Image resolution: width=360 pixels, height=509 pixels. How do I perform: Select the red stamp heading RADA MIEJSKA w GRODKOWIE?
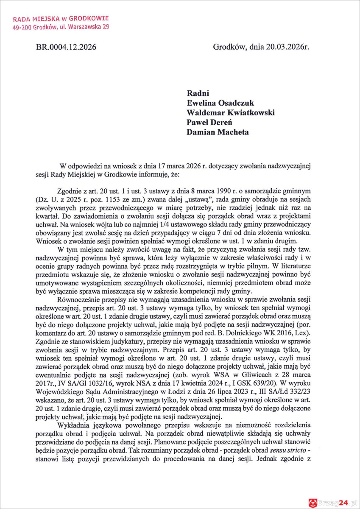coord(61,19)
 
